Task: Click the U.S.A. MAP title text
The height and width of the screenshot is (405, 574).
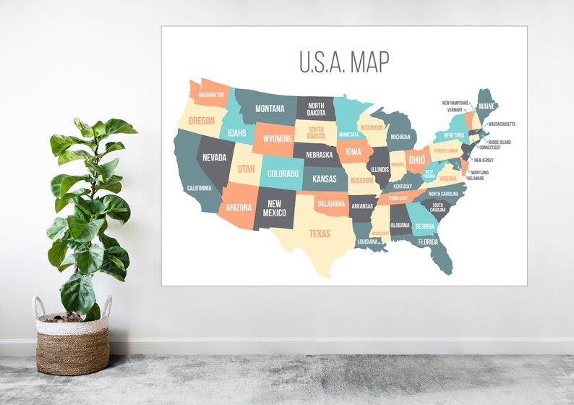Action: (344, 62)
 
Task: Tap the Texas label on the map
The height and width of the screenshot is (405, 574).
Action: (320, 234)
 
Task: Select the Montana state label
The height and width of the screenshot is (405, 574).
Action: (269, 109)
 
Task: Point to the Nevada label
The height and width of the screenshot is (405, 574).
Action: (214, 158)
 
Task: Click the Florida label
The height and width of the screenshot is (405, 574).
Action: (428, 242)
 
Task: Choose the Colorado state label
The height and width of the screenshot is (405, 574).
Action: (283, 174)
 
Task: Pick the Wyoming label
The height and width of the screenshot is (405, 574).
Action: (278, 138)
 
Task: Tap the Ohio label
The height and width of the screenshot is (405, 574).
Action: (416, 160)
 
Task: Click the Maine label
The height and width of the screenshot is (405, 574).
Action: (487, 107)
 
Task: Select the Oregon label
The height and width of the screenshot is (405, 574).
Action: (202, 121)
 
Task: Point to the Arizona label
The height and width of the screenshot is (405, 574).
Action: (239, 208)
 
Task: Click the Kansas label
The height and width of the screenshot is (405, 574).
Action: (325, 179)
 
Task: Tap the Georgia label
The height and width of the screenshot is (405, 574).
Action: (424, 226)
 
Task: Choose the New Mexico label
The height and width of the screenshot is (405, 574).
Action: (275, 208)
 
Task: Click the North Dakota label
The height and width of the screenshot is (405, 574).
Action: (316, 109)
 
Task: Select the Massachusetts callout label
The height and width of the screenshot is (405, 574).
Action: (502, 124)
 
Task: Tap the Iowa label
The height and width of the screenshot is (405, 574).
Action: (354, 152)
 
